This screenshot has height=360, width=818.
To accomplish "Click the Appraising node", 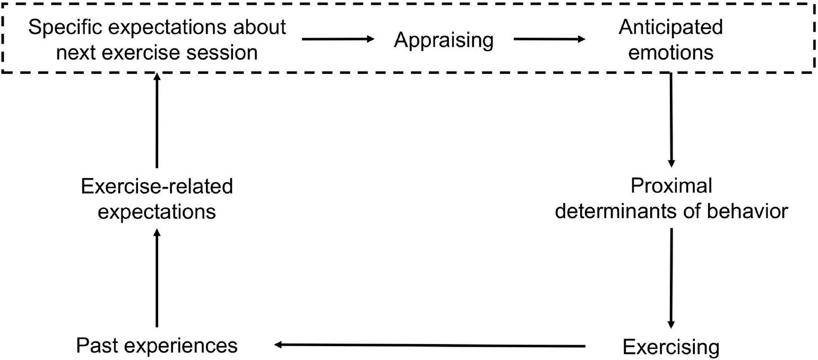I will click(x=443, y=40).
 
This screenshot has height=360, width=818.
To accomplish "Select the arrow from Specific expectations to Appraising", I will click(x=338, y=39).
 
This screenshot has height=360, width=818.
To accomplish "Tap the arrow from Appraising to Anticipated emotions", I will click(x=549, y=39).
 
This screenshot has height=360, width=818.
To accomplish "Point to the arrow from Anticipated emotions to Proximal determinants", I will click(x=671, y=119).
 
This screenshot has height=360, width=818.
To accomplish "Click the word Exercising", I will click(x=671, y=347).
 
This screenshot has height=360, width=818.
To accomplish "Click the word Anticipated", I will click(x=670, y=27).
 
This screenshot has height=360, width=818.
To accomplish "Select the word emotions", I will click(x=670, y=53).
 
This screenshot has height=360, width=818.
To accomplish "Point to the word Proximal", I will click(x=671, y=186).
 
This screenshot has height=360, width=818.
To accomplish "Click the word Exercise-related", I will click(x=157, y=186).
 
